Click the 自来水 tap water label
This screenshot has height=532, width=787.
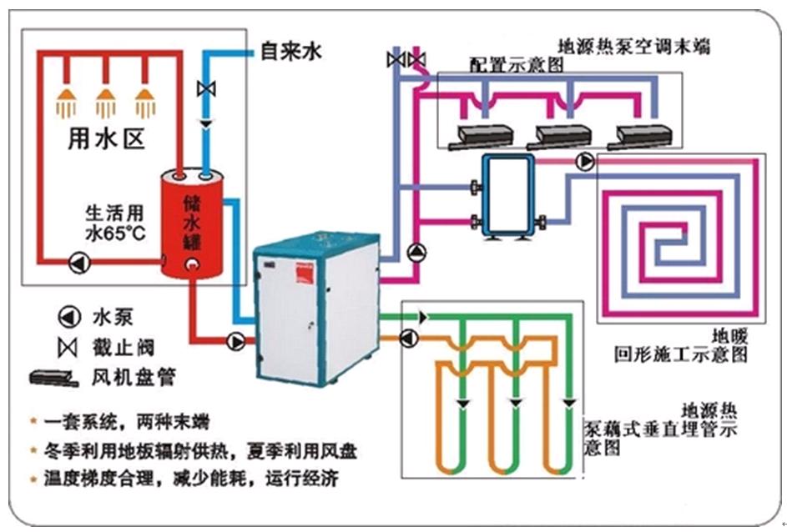pyautogui.click(x=291, y=51)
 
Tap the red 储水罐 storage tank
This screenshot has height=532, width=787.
pyautogui.click(x=192, y=223)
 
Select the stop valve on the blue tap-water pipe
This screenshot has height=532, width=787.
pyautogui.click(x=206, y=89)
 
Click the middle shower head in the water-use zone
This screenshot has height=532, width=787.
pyautogui.click(x=105, y=103)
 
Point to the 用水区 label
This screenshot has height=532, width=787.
pyautogui.click(x=106, y=138)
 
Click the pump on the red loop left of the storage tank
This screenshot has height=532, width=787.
pyautogui.click(x=79, y=262)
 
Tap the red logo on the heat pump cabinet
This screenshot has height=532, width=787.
pyautogui.click(x=305, y=273)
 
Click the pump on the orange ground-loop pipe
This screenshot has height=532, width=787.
pyautogui.click(x=409, y=339)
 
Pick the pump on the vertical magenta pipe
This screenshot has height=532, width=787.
pyautogui.click(x=416, y=253)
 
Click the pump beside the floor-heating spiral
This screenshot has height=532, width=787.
pyautogui.click(x=585, y=162)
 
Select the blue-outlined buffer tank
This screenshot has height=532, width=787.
pyautogui.click(x=508, y=195)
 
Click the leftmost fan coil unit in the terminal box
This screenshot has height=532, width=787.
pyautogui.click(x=481, y=137)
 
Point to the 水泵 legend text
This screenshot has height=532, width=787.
pyautogui.click(x=113, y=317)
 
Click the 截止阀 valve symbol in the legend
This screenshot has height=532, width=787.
pyautogui.click(x=68, y=348)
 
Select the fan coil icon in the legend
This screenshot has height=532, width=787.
pyautogui.click(x=54, y=378)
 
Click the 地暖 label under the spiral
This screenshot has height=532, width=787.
pyautogui.click(x=729, y=336)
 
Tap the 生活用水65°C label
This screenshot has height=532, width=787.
pyautogui.click(x=115, y=223)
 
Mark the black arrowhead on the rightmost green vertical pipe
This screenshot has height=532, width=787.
pyautogui.click(x=569, y=403)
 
